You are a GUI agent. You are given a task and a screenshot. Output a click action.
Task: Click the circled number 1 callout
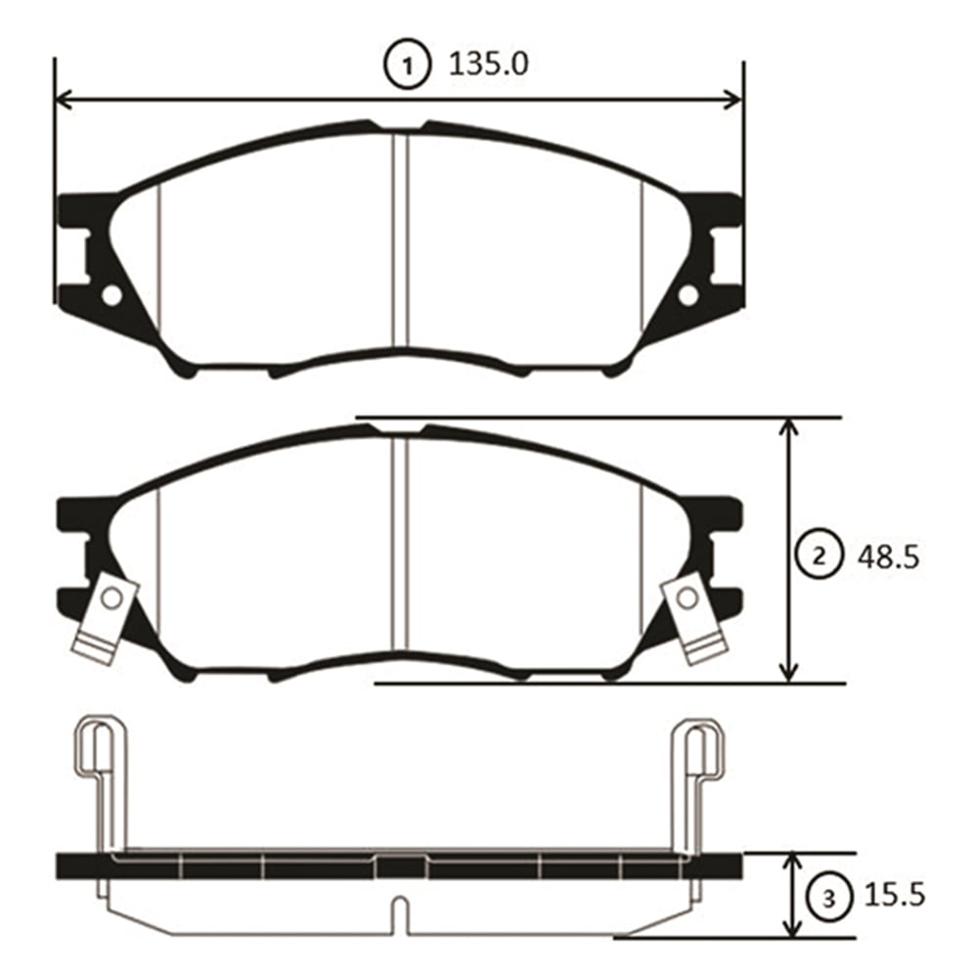coord(407,65)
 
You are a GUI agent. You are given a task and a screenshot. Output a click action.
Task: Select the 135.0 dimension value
coord(488,65)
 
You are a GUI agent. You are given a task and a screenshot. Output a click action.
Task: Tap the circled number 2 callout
coord(819,556)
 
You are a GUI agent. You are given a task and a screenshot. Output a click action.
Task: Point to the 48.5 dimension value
coord(888,557)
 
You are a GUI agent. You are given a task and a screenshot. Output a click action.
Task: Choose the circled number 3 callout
coord(828,899)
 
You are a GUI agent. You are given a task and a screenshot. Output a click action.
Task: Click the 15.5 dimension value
coord(894,896)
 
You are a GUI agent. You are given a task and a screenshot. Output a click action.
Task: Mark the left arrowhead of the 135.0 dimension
coord(65,99)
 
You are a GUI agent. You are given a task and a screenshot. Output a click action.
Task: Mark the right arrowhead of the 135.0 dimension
coord(733,99)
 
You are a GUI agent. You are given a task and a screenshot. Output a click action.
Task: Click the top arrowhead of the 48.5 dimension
coord(789,426)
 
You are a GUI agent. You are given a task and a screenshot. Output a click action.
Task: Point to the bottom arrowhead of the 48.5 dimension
coord(789,673)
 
